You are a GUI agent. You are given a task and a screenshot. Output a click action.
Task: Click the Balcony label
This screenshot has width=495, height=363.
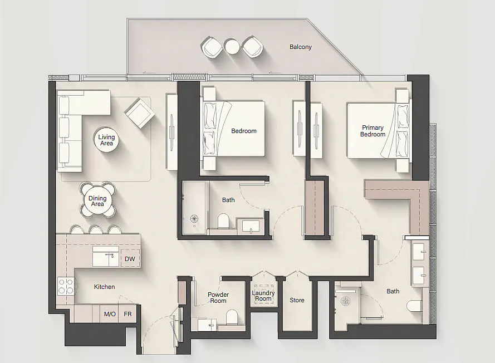point(301,47)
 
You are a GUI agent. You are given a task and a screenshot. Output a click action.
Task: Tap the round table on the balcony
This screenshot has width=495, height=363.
point(232,47)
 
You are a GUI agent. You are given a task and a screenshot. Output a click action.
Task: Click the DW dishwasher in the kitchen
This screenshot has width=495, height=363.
point(130,258)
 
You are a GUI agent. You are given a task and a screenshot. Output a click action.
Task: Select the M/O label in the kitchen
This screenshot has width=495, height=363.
point(110,314)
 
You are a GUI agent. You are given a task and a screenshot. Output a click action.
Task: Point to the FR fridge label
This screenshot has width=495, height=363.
point(128,314)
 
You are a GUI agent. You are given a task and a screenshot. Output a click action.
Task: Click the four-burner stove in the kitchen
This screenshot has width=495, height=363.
point(66,286)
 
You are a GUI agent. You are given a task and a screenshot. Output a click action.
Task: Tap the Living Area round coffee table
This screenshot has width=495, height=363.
point(106,140)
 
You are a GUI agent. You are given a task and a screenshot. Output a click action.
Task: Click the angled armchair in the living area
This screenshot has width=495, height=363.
point(140,112)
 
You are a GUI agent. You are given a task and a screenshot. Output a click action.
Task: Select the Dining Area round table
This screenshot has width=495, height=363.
point(97,201)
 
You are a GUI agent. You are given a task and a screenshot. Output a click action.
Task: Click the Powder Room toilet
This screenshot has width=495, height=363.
point(232,316)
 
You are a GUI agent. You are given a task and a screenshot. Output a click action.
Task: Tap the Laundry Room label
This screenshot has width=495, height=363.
point(263,296)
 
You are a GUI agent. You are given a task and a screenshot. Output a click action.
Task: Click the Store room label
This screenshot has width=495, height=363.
point(297,300)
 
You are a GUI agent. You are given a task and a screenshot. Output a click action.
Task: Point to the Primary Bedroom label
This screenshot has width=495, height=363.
point(373,131)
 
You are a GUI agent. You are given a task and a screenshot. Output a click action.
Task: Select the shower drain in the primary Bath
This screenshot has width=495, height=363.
point(346,301)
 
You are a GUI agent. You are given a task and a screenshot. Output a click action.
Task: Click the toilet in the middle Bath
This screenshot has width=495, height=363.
point(223,221)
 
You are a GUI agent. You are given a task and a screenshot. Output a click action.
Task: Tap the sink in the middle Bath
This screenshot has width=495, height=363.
point(251,227)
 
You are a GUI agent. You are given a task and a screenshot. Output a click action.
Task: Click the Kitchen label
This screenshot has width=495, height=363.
point(105,287)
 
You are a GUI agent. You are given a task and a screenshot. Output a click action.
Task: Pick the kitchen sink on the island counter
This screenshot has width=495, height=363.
point(106,256)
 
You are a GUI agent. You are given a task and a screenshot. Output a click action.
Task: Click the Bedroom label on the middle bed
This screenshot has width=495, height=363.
point(244,131)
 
